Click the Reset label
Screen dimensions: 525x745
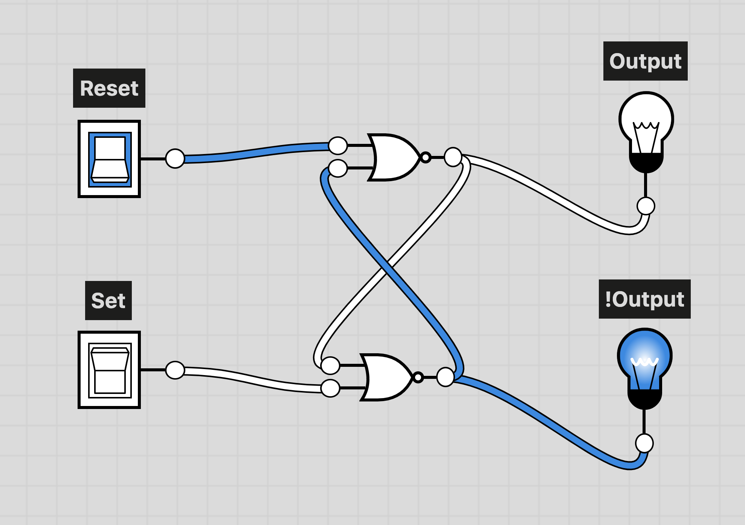point(109,88)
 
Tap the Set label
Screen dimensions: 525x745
point(108,301)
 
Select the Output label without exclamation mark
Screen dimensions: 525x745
point(645,61)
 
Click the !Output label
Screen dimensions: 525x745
point(644,299)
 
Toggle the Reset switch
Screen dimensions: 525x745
point(109,159)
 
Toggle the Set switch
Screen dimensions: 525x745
point(109,370)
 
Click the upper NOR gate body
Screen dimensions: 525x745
point(394,157)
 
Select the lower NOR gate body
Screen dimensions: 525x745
point(386,377)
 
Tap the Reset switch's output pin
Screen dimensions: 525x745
point(175,159)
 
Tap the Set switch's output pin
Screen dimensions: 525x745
point(175,370)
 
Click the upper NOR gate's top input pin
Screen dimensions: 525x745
point(338,145)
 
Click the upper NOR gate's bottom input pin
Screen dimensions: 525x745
point(338,168)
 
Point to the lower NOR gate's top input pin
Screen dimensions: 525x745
point(330,365)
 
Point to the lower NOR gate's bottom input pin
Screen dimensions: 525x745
point(330,388)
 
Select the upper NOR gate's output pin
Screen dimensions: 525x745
point(453,157)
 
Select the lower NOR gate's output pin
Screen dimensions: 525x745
point(445,377)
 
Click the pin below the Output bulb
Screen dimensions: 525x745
point(646,206)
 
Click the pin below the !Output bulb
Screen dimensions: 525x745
point(644,443)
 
